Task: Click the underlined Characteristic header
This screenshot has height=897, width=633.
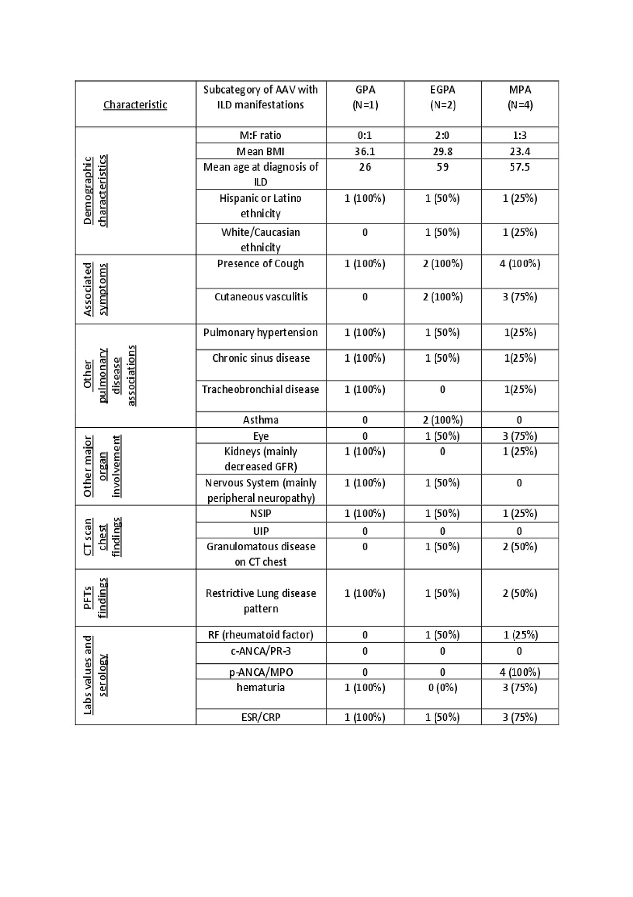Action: (135, 105)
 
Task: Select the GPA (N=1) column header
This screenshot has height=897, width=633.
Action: (365, 97)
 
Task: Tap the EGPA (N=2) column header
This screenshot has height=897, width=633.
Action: (442, 97)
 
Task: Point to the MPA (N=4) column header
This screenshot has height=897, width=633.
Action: (520, 97)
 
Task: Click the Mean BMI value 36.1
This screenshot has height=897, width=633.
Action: (365, 151)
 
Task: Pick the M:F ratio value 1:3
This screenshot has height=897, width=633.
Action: (520, 136)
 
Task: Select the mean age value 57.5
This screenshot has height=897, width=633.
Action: (520, 167)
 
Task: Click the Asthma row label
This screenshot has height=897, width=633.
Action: (261, 420)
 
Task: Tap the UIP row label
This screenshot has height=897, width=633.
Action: (261, 531)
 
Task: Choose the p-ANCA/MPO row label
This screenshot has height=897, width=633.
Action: (261, 672)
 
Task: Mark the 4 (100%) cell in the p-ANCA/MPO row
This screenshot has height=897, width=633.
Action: (520, 672)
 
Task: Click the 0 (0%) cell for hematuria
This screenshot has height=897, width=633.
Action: (442, 688)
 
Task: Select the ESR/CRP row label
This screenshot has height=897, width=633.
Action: (261, 717)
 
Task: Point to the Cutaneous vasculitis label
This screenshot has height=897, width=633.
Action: (261, 297)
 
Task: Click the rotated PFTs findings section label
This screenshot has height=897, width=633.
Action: (95, 598)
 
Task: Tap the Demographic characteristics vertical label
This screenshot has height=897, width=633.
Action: (94, 191)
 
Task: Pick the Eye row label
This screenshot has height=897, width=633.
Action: (261, 436)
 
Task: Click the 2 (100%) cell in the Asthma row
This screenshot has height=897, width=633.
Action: (442, 420)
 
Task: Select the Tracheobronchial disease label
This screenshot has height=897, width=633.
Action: (261, 389)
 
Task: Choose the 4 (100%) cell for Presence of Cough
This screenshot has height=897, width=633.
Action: (520, 264)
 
